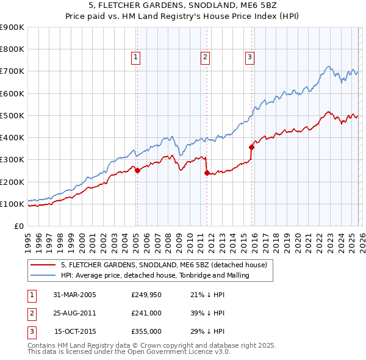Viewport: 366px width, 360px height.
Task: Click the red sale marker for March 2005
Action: coord(137,171)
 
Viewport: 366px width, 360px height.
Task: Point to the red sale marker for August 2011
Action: coord(206,173)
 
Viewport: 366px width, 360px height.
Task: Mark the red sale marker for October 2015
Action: coord(251,147)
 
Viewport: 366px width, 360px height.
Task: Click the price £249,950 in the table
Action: coord(146,295)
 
